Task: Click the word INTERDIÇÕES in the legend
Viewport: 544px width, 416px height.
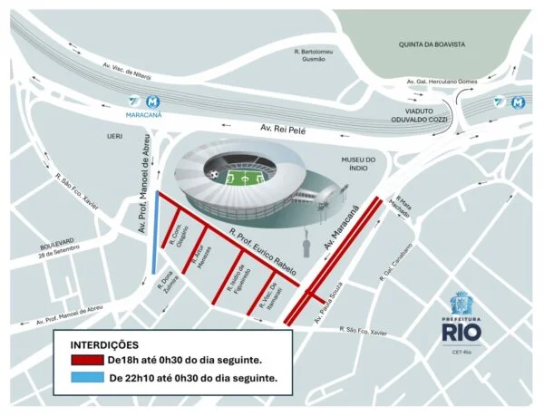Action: coord(103,345)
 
